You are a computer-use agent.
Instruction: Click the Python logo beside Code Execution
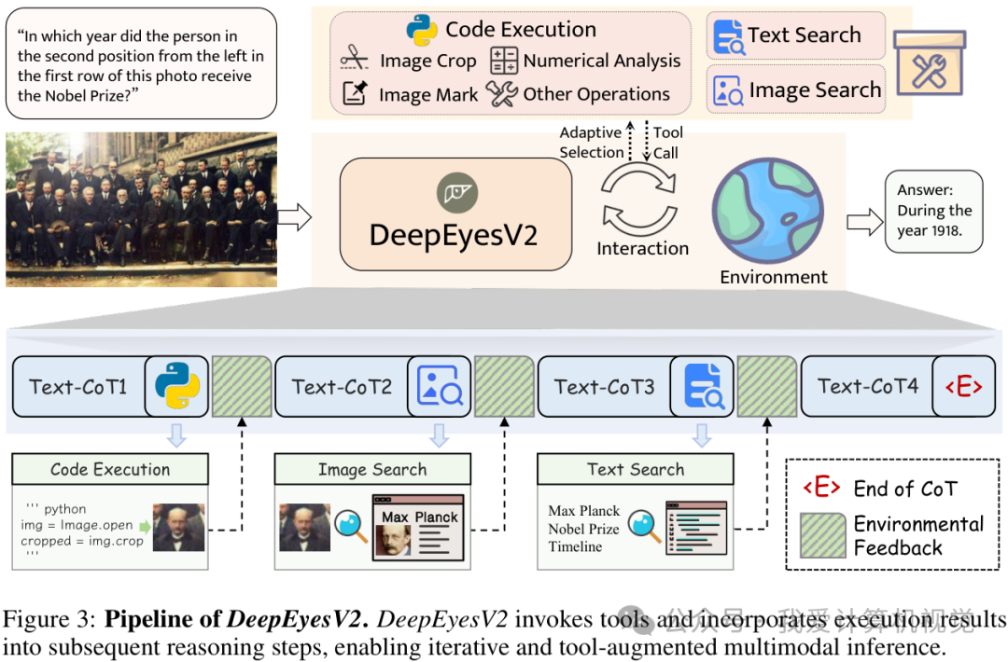click(423, 30)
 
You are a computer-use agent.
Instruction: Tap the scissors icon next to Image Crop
click(355, 61)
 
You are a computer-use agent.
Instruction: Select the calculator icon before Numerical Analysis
click(504, 61)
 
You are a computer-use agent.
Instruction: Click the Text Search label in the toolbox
click(804, 35)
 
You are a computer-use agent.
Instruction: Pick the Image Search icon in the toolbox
click(728, 90)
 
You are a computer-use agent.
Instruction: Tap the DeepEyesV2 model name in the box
click(454, 234)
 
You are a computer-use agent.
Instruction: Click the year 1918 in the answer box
click(945, 230)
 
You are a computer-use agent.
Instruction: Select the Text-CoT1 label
click(77, 386)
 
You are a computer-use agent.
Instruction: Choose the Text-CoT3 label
click(604, 386)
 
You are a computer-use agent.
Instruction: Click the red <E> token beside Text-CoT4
click(964, 386)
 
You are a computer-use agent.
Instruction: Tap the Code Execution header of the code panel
click(110, 469)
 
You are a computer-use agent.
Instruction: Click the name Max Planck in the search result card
click(420, 517)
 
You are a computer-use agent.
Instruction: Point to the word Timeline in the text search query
click(575, 546)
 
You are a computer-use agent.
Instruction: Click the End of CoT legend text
click(904, 489)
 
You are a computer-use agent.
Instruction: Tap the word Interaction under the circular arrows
click(642, 248)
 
